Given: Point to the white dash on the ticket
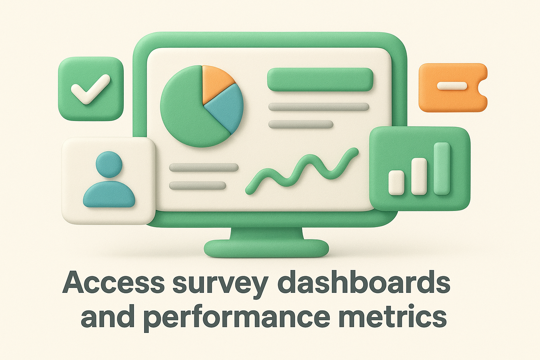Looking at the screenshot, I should coord(451,86).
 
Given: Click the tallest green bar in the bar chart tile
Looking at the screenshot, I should coord(442,168).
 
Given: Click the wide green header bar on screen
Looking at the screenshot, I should coord(320,79).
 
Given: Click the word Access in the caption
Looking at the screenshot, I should coord(114,282).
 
